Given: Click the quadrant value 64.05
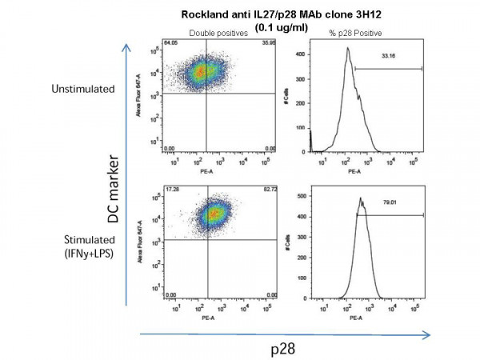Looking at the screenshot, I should point(168,42).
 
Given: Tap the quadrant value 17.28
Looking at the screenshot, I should point(168,189).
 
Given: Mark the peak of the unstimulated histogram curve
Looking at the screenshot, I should point(348,48).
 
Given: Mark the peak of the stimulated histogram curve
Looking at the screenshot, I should point(360,198).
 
